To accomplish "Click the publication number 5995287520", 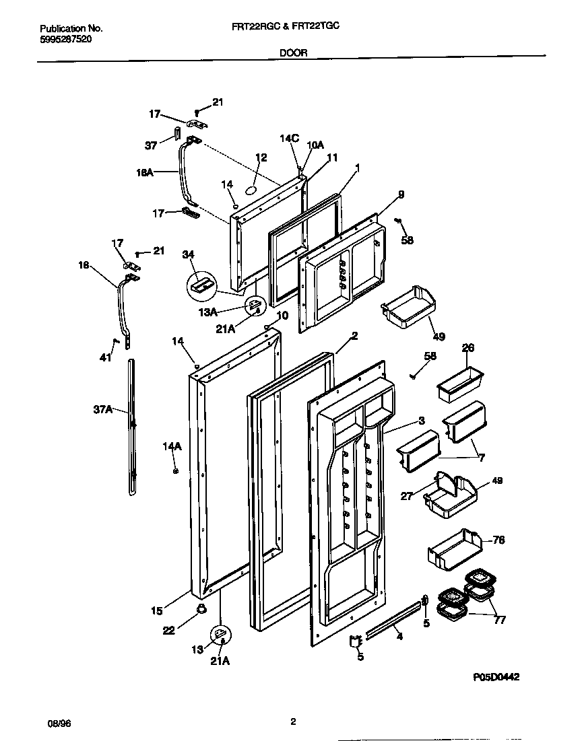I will coord(66,40).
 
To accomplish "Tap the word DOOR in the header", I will coord(293,52).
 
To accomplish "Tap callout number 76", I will coord(498,540).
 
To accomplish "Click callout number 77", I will coord(500,620).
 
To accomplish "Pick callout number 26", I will coord(467,348).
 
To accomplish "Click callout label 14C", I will coord(289,139).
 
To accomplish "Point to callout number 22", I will coord(168,630).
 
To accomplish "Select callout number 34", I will coord(188,254).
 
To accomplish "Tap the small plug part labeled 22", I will coord(200,609).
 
